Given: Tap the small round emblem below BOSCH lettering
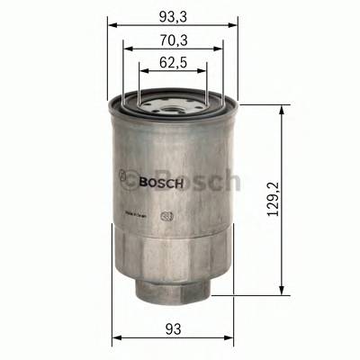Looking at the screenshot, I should click(x=165, y=216).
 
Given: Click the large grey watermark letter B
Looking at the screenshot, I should click(x=140, y=180).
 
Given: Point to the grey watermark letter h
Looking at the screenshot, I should click(x=229, y=179).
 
